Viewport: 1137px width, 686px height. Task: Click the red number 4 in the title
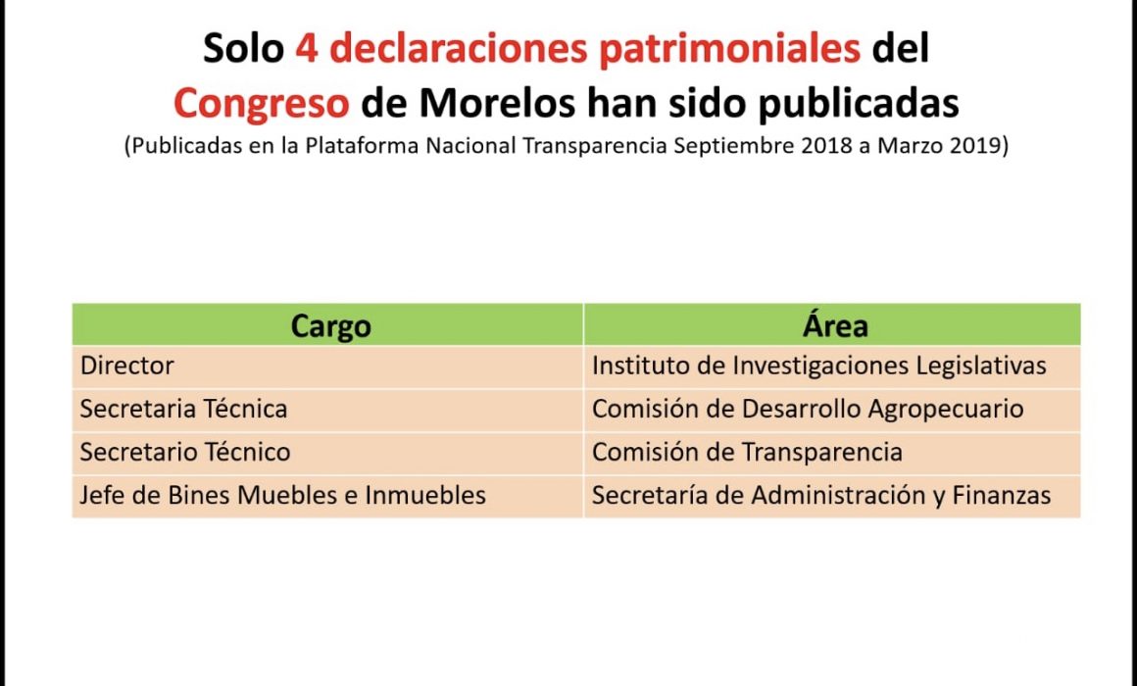point(306,48)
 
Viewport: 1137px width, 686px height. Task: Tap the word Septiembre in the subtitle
point(734,146)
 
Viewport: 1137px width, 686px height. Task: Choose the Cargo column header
point(330,325)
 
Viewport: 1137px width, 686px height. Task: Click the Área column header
point(835,325)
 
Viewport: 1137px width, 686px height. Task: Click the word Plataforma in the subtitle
point(362,146)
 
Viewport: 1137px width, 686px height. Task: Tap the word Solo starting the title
point(243,49)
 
